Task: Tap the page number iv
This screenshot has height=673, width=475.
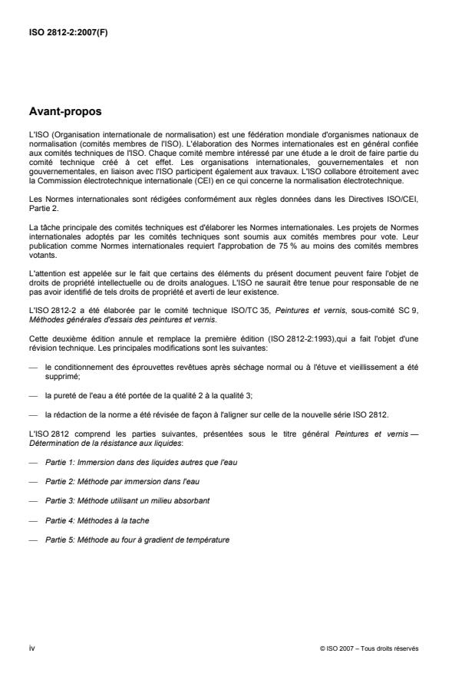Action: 31,648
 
